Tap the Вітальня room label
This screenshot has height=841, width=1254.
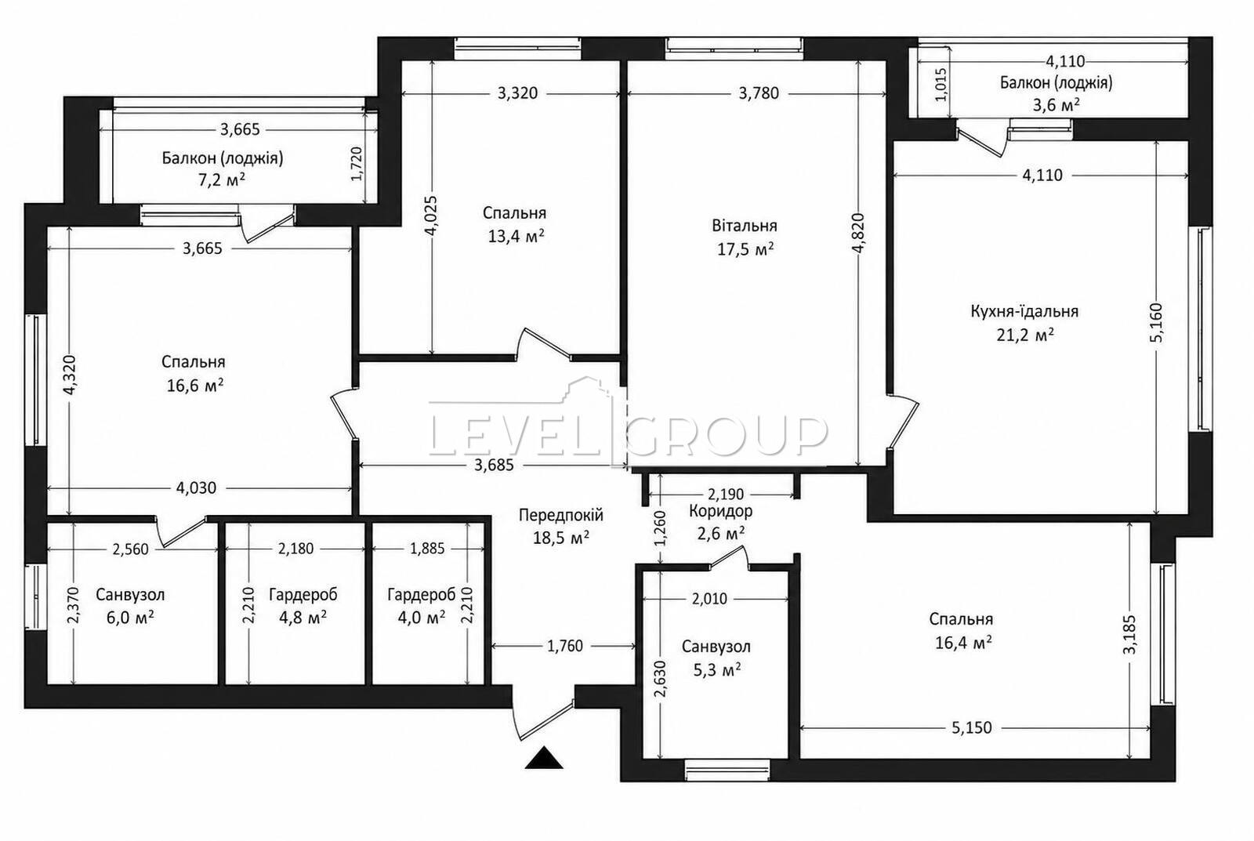(745, 226)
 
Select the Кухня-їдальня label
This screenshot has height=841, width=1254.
(1024, 310)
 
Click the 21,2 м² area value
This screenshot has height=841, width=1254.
(1025, 335)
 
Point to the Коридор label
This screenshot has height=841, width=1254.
(720, 511)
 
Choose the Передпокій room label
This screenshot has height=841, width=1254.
(561, 515)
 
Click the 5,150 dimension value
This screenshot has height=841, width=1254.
(971, 728)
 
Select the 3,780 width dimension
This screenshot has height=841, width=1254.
(759, 93)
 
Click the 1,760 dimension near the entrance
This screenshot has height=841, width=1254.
(565, 646)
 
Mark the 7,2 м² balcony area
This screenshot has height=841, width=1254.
(222, 179)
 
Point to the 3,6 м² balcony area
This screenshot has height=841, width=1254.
(1056, 105)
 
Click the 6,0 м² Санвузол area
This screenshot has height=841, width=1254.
(130, 618)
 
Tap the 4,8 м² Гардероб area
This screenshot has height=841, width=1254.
(303, 618)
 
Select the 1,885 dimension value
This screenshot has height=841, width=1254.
(427, 549)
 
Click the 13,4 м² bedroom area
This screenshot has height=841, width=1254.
(516, 236)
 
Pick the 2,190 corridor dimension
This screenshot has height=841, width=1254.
(726, 495)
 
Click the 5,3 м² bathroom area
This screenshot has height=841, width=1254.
(717, 669)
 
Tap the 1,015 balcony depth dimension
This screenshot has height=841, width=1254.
(941, 84)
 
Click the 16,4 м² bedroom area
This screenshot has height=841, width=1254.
(963, 643)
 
